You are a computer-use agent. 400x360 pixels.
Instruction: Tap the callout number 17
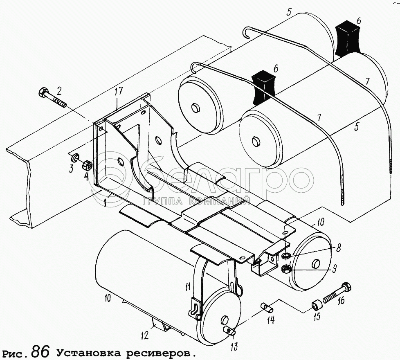[118, 92]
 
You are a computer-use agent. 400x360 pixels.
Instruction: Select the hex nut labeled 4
[86, 166]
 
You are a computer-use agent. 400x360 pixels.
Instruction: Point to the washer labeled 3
[75, 158]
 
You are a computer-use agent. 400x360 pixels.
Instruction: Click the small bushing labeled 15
[317, 305]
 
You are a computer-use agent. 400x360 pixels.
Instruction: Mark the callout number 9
[334, 269]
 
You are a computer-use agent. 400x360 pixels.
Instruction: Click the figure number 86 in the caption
[40, 351]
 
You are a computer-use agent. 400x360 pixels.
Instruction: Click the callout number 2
[59, 90]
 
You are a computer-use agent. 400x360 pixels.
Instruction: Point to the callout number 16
[340, 301]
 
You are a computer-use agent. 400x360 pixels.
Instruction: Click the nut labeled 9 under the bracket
[287, 268]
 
